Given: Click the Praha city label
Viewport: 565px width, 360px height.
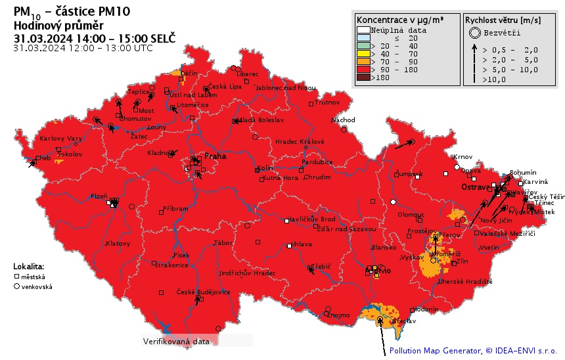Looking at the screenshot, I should click(215, 156).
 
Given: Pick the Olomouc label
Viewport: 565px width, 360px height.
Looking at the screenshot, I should click(411, 215).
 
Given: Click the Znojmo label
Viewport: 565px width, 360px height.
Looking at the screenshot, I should click(339, 315).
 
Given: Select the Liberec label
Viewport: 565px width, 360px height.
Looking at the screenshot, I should click(247, 74).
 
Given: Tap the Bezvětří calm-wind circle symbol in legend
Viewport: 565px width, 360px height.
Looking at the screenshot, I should click(473, 32).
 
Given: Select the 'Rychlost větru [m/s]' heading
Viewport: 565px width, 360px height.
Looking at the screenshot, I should click(503, 20).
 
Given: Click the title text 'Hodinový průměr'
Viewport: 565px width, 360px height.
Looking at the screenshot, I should click(58, 25).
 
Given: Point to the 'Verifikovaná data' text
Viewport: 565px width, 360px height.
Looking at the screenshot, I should click(176, 342).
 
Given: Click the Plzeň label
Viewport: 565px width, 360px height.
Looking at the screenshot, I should click(99, 196).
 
